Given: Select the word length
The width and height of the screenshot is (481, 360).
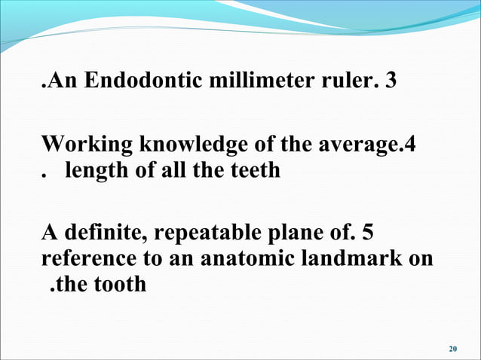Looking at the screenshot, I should click(92, 171).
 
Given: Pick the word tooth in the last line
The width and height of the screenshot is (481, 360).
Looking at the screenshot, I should click(118, 285).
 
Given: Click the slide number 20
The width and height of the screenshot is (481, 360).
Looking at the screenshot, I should click(452, 349).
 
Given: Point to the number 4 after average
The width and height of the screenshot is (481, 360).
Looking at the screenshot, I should click(411, 144).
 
